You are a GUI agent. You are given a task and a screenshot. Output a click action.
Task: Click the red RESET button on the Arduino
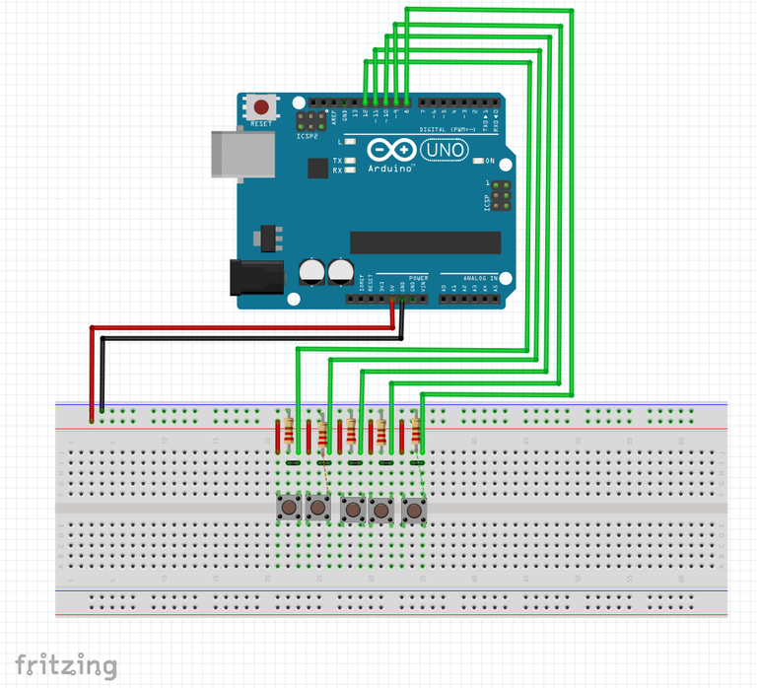tap(261, 106)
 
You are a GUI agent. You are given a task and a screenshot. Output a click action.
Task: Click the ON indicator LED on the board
tap(478, 161)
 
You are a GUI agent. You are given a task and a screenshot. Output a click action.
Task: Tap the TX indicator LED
tap(350, 161)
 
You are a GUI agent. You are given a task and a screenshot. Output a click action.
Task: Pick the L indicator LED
tap(350, 142)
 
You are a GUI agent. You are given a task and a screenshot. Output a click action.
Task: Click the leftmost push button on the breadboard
tap(288, 509)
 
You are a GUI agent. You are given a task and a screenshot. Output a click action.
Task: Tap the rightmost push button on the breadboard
tap(413, 510)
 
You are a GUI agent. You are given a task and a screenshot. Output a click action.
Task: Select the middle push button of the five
tap(352, 510)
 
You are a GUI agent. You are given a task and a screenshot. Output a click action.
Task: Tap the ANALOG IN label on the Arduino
tap(469, 277)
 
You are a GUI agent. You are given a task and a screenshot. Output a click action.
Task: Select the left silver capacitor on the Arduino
tap(312, 270)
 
